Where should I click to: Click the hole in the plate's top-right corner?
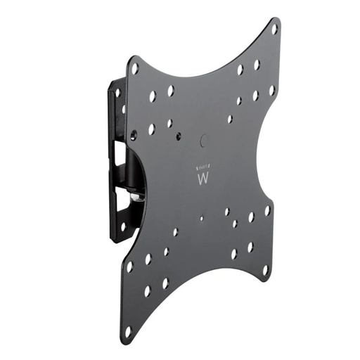point(274,29)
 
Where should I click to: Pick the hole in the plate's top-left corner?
point(134,69)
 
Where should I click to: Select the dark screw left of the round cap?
point(169,124)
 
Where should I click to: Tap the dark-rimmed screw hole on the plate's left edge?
point(134,134)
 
